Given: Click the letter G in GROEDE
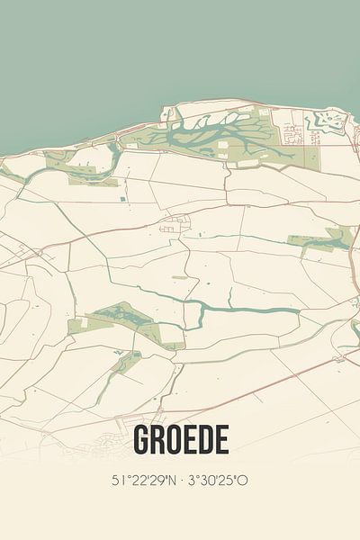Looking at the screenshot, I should (141, 440).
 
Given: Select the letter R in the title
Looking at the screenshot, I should (158, 440).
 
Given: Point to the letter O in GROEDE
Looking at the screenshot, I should (174, 440).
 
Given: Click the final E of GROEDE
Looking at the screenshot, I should (220, 440).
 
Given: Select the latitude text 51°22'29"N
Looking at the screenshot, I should (145, 481).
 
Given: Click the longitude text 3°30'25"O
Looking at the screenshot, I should (217, 481).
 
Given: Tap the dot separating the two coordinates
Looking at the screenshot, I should (181, 481).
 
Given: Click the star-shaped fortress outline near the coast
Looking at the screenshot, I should (325, 121).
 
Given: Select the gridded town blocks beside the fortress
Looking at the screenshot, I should (293, 135).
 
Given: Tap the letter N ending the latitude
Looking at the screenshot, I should (174, 481).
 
